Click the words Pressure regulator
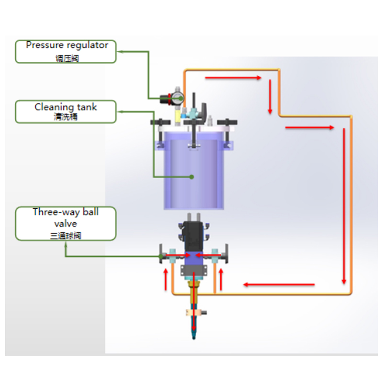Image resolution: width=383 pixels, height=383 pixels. tap(67, 45)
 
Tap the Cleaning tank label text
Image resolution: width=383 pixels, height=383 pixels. tap(66, 107)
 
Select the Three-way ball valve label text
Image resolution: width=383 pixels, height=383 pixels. tap(66, 217)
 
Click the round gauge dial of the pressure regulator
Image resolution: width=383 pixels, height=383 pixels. tap(178, 98)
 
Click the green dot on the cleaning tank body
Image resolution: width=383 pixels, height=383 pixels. tap(191, 177)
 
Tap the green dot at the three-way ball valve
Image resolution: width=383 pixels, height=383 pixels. tap(161, 256)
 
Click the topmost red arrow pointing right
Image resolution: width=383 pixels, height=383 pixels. tap(233, 77)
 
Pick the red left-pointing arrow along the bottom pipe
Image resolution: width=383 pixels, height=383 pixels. tap(279, 285)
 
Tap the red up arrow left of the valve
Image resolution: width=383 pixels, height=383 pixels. tap(166, 279)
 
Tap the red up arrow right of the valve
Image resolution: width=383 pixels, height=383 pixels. tap(221, 279)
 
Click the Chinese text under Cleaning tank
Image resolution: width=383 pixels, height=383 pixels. tap(66, 117)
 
